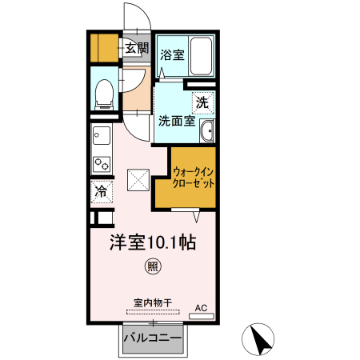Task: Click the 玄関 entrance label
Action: pyautogui.click(x=136, y=49)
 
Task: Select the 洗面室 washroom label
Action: pyautogui.click(x=175, y=122)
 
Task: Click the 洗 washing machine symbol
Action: pyautogui.click(x=203, y=102)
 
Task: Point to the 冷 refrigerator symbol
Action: pyautogui.click(x=102, y=192)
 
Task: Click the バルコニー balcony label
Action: pyautogui.click(x=152, y=339)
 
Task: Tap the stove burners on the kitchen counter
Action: pyautogui.click(x=102, y=164)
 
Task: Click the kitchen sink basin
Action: pyautogui.click(x=101, y=134)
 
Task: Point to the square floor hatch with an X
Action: pyautogui.click(x=138, y=178)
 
